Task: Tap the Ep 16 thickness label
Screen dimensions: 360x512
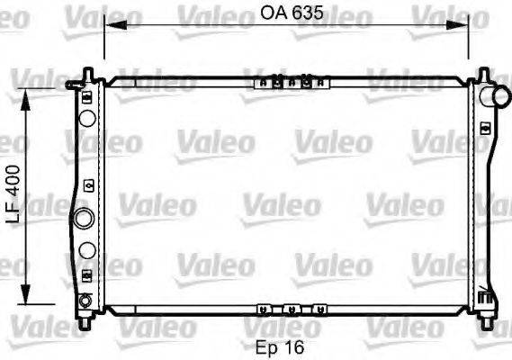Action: [281, 346]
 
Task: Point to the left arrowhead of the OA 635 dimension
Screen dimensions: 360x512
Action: [110, 27]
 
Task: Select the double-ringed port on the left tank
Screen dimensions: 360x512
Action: [84, 218]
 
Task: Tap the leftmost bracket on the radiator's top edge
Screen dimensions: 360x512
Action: [262, 83]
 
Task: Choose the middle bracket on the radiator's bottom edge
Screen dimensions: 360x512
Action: [290, 309]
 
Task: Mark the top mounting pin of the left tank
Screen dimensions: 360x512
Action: [87, 73]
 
